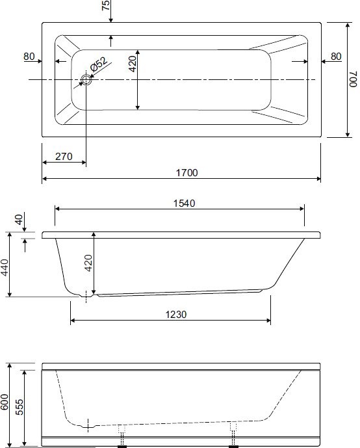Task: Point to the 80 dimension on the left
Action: click(x=29, y=57)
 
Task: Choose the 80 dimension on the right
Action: click(x=335, y=57)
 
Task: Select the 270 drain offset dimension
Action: click(x=64, y=157)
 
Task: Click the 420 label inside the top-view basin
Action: click(x=133, y=64)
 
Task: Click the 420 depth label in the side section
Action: click(x=89, y=261)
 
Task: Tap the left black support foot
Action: click(x=121, y=446)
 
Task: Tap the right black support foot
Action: click(x=233, y=446)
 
